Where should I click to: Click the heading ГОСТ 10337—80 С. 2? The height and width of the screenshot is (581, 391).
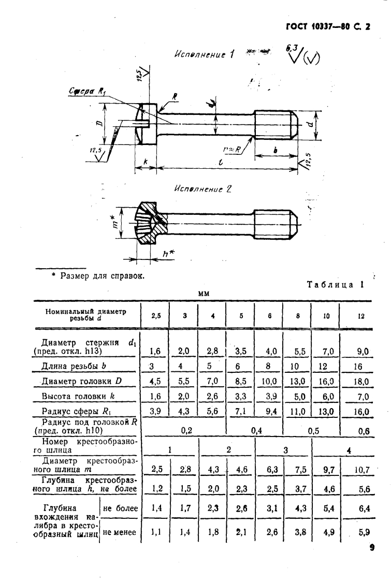329,28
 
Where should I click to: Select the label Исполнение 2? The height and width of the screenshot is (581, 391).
202,189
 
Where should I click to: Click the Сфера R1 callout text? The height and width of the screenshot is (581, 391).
86,91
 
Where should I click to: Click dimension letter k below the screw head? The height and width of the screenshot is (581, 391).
146,162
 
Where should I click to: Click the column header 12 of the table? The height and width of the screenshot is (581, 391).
361,315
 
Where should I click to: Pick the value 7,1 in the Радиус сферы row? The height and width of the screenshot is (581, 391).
241,412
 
